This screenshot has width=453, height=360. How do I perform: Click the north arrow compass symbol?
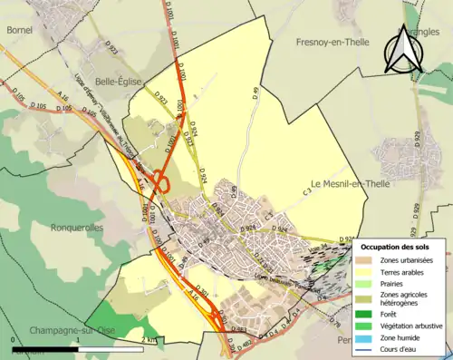[402, 50]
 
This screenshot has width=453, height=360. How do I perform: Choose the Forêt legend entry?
[395, 314]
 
